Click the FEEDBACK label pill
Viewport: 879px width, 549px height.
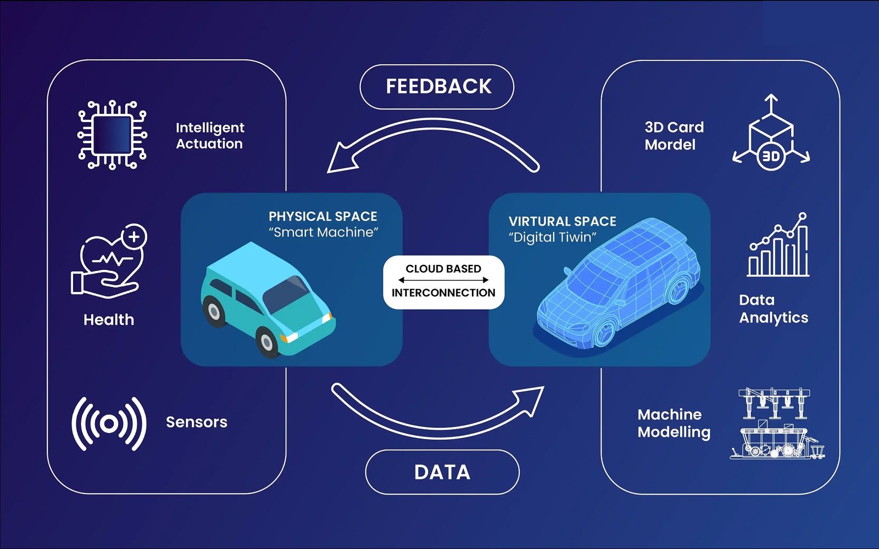coord(437,87)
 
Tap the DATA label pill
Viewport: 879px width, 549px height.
coord(442,472)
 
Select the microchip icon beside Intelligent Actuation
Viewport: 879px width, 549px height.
coord(113,135)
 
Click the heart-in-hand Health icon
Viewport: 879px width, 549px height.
coord(109,262)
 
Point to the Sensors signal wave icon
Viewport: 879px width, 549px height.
coord(109,424)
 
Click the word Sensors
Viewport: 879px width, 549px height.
coord(197,422)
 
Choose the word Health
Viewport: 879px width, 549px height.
coord(109,320)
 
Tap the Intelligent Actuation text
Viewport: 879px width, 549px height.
coord(210,136)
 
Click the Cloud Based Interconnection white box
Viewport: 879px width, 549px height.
coord(443,281)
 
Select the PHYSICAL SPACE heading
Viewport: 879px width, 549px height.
coord(323,217)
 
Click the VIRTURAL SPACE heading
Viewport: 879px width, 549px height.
coord(563,221)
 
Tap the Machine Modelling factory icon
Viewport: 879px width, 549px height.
coord(776,424)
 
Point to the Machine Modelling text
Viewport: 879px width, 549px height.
coord(674,423)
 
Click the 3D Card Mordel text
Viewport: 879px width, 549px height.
coord(674,136)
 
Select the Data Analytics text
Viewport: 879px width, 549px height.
coord(774,309)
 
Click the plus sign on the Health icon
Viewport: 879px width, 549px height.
coord(134,237)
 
